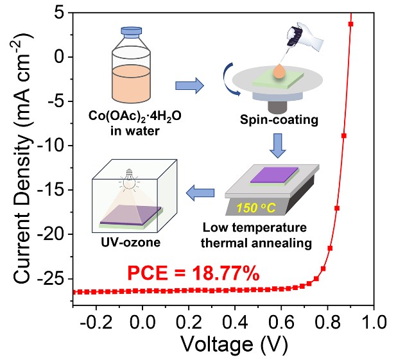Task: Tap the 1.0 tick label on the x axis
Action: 371,321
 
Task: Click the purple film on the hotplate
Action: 273,175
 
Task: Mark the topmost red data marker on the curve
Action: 351,24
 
